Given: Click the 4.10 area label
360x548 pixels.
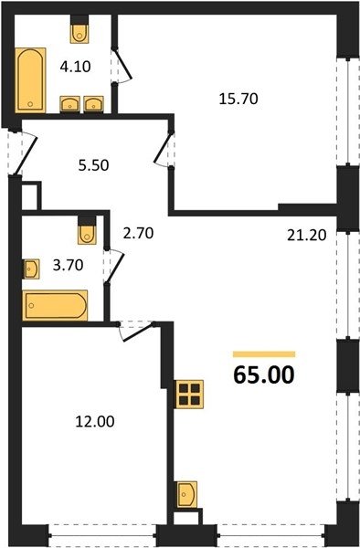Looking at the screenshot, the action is coord(75,67).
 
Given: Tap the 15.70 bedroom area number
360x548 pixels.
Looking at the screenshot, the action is coord(238,99).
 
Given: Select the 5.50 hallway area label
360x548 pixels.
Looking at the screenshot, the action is coord(94,165).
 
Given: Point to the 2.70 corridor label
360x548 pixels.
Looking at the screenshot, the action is coord(138,233).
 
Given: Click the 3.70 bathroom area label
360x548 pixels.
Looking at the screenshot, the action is coord(68,265).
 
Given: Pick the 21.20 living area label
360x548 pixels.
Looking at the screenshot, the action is coord(307,236).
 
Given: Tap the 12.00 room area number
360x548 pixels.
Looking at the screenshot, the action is coord(95,421).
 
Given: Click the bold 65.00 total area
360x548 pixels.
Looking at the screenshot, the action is coord(264,374).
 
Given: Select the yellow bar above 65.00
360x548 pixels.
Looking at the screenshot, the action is coord(264,354).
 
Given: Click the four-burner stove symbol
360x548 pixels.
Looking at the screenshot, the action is coord(189,394).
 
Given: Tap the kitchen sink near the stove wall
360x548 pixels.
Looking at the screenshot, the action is coord(186,494).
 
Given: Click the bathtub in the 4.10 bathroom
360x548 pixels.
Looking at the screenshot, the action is coord(30,80).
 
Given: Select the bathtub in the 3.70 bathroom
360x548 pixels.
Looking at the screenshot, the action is coord(55,305).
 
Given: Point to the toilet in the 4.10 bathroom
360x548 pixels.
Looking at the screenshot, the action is coord(79,29).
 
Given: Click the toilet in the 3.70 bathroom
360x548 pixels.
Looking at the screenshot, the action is coord(87,230).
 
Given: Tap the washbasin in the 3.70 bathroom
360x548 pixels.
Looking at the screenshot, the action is coord(31,269).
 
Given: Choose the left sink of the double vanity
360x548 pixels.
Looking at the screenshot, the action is coord(70,104).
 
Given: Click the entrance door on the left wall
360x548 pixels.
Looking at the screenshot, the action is coord(22,153).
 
